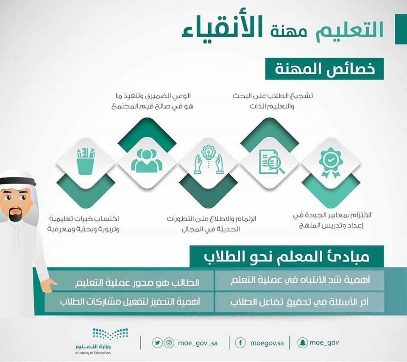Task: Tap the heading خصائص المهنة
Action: tap(324, 69)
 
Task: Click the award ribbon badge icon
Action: tap(331, 163)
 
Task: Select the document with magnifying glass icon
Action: tap(271, 162)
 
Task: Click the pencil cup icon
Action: tap(85, 162)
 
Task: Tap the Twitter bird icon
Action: tap(157, 343)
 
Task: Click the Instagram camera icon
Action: tap(169, 343)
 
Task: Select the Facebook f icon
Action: tap(240, 343)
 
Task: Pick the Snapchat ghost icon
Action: tap(302, 343)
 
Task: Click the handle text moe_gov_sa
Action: tap(198, 343)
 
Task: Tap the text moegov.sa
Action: tap(267, 343)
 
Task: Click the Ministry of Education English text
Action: tap(93, 353)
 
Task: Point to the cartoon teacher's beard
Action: tap(16, 214)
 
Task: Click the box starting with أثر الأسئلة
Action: tap(300, 302)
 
